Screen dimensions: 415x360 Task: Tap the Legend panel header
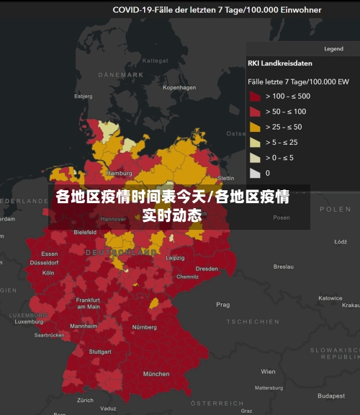[333, 49]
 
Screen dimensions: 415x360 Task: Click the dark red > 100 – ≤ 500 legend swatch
[255, 96]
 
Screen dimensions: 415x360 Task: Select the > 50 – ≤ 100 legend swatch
[255, 111]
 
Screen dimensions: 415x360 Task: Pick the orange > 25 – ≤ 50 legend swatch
[255, 127]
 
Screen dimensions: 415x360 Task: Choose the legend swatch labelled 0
[255, 173]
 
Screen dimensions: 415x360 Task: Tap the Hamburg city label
[119, 174]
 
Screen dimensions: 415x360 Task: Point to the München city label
[156, 374]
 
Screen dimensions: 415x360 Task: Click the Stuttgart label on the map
[100, 352]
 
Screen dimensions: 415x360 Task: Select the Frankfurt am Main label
[88, 303]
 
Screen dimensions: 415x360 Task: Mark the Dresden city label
[207, 269]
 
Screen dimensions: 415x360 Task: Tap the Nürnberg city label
[144, 327]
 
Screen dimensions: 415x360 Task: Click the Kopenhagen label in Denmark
[179, 88]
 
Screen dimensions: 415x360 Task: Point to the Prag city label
[223, 305]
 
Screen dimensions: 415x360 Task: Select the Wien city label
[268, 372]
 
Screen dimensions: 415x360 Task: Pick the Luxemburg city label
[29, 321]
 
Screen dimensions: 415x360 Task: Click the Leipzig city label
[175, 258]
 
